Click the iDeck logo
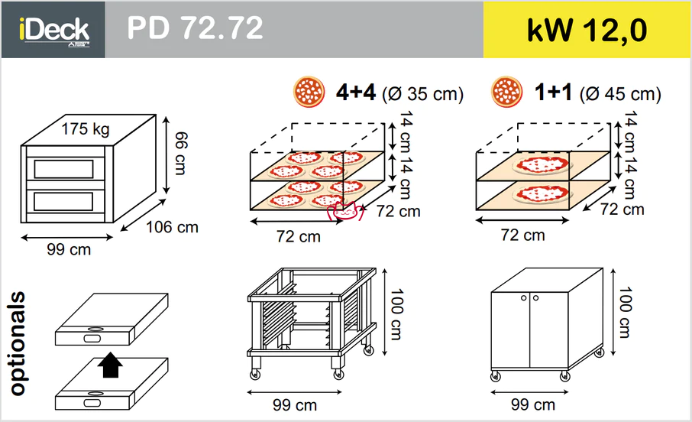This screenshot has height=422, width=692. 53,30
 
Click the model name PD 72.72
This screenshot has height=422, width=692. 195,28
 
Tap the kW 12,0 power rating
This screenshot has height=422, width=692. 587,31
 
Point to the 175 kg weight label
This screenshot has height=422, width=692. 86,129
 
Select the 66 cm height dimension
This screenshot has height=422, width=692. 181,154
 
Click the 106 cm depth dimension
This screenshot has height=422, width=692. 172,227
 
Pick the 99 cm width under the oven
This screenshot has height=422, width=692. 69,250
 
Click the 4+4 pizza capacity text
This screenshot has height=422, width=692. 356,92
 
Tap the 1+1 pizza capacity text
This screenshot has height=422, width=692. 553,92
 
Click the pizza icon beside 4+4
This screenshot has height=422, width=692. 309,92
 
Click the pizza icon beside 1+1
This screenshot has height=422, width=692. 506,92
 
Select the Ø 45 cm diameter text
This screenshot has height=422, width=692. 620,94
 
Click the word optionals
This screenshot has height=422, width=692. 18,343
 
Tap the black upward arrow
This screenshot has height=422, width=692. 110,365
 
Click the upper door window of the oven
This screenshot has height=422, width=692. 63,169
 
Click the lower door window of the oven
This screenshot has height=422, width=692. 63,202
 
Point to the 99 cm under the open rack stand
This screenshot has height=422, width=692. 295,404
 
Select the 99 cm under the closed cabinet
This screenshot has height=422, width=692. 533,404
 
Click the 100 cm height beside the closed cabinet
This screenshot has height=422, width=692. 625,313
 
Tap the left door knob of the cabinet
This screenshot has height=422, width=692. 524,298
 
